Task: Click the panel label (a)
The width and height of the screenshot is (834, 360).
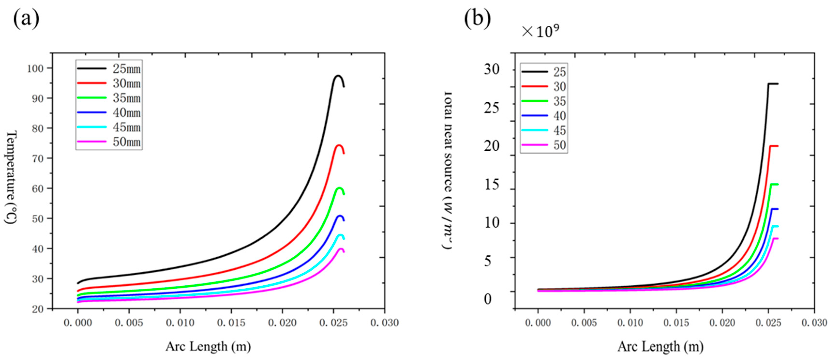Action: [26, 19]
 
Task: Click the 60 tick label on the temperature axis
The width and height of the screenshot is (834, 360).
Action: [37, 188]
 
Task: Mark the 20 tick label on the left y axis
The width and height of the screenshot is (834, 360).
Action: [37, 309]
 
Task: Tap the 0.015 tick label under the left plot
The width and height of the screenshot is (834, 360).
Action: [231, 323]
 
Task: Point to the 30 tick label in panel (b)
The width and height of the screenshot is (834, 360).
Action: [491, 69]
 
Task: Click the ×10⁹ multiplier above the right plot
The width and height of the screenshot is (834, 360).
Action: [540, 31]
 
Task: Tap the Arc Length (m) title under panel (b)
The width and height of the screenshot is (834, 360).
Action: [661, 346]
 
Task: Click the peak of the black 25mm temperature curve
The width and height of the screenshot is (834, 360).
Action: [338, 76]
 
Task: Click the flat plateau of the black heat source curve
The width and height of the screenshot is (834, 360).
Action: [773, 84]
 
